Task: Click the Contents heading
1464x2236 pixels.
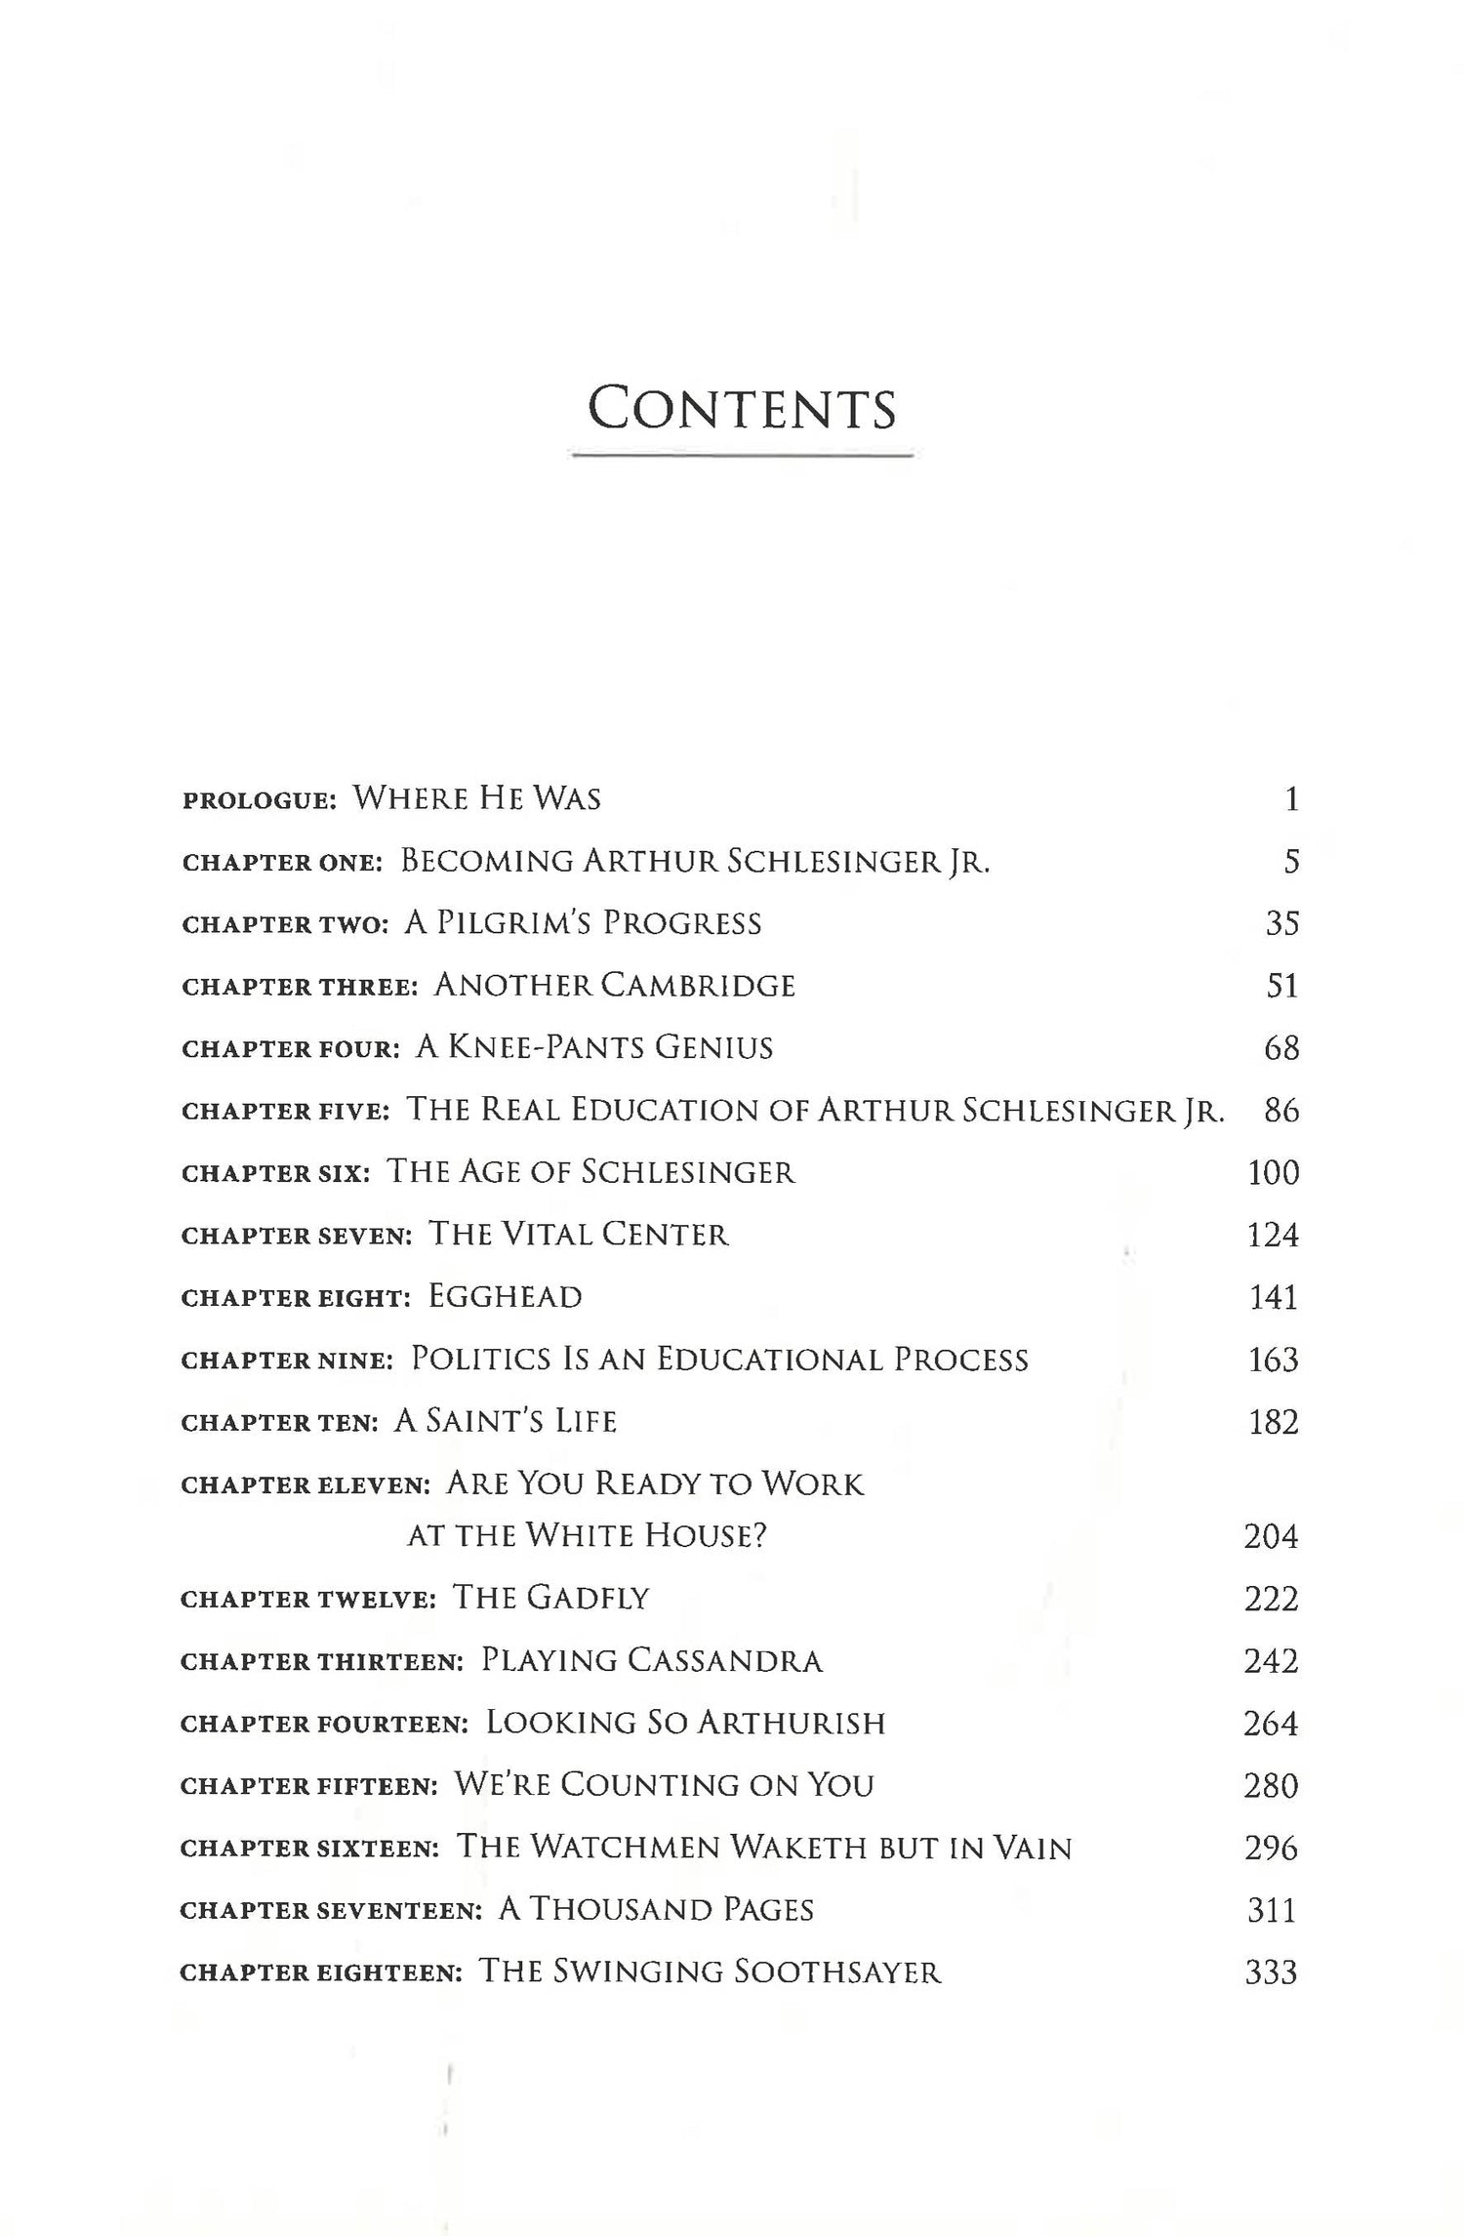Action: pos(742,410)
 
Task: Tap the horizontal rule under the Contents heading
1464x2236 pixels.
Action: pos(742,455)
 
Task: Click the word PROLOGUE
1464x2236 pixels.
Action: pos(259,800)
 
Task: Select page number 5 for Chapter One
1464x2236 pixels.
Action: pos(1291,862)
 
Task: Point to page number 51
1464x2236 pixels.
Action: pos(1281,986)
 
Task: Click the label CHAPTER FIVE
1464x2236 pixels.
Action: pos(286,1112)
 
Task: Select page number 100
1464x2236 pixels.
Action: pos(1273,1172)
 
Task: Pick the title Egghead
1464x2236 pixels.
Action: pos(505,1297)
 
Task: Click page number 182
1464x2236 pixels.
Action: pos(1274,1422)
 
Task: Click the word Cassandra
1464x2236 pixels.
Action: pos(725,1660)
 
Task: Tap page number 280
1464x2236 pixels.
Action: pos(1271,1785)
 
